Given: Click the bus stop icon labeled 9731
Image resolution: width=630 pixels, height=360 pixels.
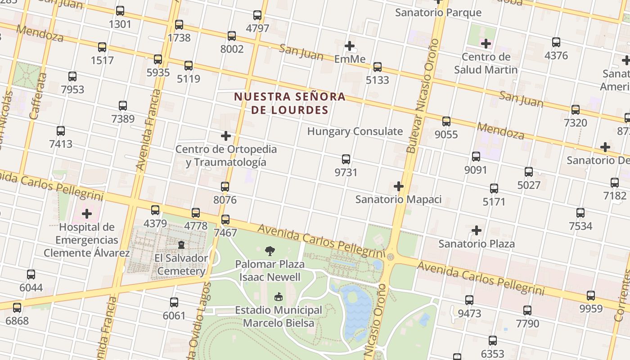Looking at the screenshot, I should [x=346, y=159].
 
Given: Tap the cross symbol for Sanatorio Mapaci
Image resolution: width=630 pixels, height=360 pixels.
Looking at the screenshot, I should [x=398, y=186].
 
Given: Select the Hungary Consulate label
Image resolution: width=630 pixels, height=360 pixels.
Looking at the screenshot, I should [x=355, y=131].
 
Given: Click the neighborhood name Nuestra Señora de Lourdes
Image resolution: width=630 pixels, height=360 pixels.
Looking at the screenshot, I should [x=290, y=103].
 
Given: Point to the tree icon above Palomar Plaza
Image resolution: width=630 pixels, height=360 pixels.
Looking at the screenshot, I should [x=270, y=251].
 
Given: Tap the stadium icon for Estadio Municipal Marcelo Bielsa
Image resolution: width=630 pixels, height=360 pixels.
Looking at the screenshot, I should [x=279, y=297].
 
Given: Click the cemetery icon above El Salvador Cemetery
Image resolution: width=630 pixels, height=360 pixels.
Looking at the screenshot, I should [x=181, y=245].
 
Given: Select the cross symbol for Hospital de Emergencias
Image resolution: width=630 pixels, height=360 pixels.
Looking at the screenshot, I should [x=87, y=214].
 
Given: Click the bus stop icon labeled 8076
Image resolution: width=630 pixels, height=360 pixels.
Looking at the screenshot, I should [x=225, y=186].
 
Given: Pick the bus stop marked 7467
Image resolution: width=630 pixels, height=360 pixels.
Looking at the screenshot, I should [x=225, y=220].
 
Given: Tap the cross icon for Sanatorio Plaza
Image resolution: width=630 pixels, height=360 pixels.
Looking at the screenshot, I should [x=476, y=231].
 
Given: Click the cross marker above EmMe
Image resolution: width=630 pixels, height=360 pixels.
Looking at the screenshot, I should [x=350, y=46].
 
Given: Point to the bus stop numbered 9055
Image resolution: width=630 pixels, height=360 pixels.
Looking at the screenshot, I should [x=446, y=121].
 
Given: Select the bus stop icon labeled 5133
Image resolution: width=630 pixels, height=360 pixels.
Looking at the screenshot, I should [x=377, y=67].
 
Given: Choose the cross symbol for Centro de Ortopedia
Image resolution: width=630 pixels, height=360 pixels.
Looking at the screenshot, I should [x=226, y=136].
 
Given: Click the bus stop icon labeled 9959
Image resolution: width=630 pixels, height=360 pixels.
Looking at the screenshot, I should [x=590, y=296].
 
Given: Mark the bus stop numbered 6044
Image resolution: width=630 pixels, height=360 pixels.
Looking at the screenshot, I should [x=31, y=274].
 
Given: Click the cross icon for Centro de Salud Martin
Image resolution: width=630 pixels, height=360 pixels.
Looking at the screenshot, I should [x=486, y=44].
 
